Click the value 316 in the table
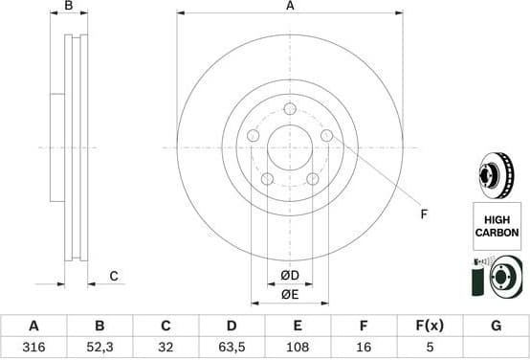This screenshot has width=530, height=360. coord(34,347)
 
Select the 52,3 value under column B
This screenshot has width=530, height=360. coord(100,347)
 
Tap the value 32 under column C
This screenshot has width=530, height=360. coord(166,347)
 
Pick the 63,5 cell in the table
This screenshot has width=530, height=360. coord(232,347)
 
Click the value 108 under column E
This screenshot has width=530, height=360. coord(298,347)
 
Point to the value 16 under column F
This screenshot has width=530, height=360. coord(364,347)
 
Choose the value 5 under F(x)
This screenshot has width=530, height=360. coord(430,347)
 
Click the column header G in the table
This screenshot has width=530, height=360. coord(496,326)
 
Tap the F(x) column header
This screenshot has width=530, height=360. coord(430,326)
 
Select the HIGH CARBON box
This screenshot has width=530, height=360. coord(496,227)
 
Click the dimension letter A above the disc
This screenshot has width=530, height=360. coord(289,6)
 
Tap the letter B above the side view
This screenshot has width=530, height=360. coord(68,7)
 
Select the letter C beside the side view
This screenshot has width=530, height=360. coord(113,277)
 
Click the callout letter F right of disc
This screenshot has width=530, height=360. coord(424,214)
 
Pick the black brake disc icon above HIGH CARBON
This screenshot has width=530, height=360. coord(495,175)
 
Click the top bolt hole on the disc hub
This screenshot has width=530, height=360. coord(289,110)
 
